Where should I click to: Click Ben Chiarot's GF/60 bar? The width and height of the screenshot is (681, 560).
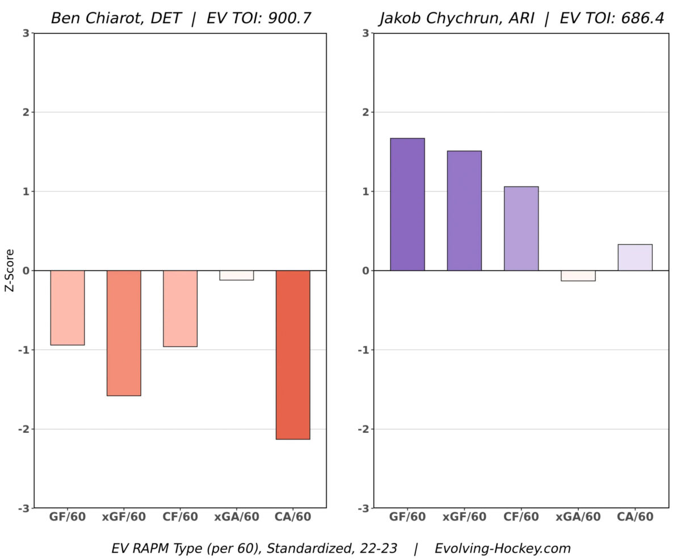(68, 308)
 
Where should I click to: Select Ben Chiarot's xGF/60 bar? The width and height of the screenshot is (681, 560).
(124, 333)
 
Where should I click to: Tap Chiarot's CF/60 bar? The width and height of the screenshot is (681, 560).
(180, 308)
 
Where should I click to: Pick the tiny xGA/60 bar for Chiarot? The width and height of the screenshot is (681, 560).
(237, 275)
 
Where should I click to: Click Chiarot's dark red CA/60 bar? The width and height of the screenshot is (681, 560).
(293, 355)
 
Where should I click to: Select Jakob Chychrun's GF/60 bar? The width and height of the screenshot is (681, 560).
(407, 204)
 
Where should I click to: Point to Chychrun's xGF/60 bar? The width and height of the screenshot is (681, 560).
(464, 210)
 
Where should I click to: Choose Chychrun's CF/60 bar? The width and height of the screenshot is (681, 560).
(521, 229)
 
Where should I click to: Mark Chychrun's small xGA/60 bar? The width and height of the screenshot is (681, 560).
(578, 276)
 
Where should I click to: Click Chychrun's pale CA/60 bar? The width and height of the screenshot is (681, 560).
(634, 258)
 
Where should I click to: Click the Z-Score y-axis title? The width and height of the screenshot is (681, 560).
(10, 271)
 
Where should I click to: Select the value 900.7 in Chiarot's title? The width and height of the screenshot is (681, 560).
(290, 18)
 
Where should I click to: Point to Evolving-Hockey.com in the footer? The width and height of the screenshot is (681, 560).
(502, 549)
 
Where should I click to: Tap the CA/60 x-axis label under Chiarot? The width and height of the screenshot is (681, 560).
(293, 517)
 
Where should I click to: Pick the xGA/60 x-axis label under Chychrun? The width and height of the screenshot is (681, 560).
(578, 517)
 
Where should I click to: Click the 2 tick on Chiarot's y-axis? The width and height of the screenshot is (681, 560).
(26, 112)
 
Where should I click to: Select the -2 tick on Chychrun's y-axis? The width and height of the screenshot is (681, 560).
(364, 429)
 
